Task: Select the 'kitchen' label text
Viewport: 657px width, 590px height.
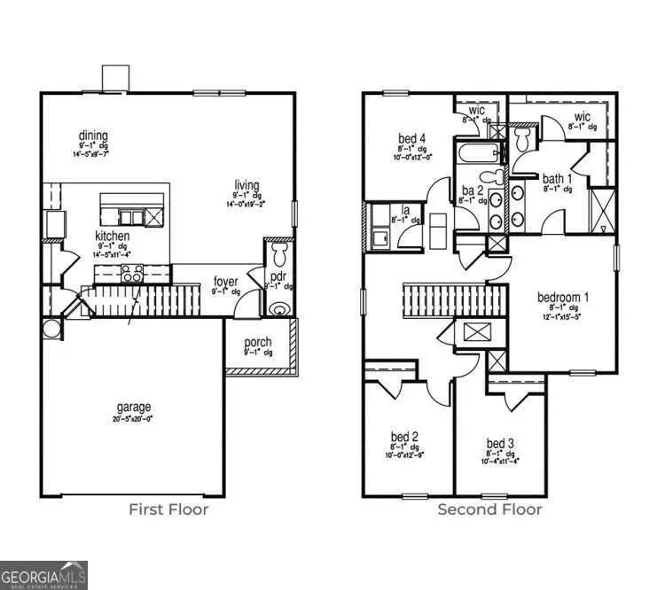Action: [113, 237]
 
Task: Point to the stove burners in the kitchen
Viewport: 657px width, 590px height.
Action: [133, 276]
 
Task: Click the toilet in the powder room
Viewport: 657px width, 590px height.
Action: [279, 256]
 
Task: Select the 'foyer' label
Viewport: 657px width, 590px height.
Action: [226, 282]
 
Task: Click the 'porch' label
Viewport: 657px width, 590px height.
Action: [258, 343]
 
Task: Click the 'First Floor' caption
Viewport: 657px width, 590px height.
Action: [168, 509]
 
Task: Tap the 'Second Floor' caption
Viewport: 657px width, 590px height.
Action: [489, 509]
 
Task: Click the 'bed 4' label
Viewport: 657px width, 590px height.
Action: [412, 138]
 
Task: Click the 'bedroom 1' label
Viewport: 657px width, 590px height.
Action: [564, 297]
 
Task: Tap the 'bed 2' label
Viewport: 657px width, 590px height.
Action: [404, 437]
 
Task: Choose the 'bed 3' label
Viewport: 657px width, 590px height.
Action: [500, 443]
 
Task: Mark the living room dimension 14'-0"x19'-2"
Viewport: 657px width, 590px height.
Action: [246, 203]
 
